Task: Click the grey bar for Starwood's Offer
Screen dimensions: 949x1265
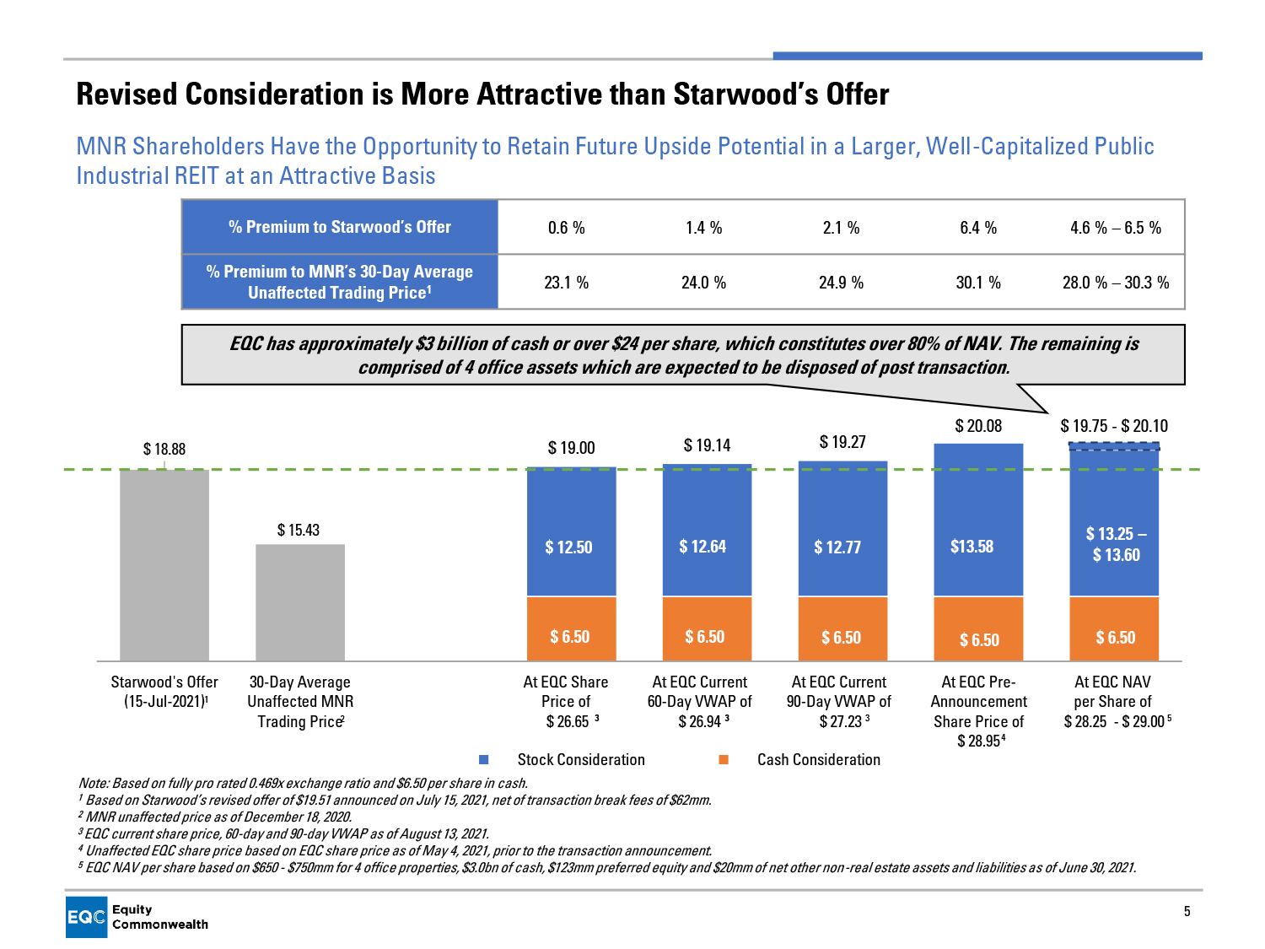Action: (164, 564)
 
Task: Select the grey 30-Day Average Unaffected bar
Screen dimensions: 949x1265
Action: (300, 602)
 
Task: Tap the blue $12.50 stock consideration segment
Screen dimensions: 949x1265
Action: (571, 532)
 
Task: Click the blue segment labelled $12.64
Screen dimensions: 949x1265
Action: (707, 531)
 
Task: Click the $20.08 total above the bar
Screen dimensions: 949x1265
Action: (978, 426)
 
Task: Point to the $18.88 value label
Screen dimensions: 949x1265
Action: (164, 449)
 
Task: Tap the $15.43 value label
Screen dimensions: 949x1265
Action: (299, 530)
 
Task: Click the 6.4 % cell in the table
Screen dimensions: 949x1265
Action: (978, 228)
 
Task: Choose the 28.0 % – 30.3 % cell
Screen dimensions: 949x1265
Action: (1116, 283)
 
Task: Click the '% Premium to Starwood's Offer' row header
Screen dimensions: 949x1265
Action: (340, 227)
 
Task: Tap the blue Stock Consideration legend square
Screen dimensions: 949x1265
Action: (484, 760)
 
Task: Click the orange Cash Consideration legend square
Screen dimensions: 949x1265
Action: (724, 760)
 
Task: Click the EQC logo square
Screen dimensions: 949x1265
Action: (87, 917)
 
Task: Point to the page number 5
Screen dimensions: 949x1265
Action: (1187, 911)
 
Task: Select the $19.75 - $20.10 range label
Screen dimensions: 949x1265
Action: (1114, 426)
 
